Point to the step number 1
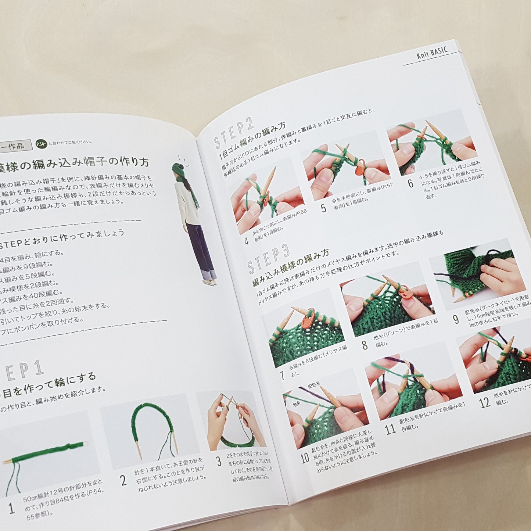point(12,509)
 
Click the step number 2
point(123,480)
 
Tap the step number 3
point(219,461)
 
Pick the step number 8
point(365,345)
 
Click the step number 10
point(305,458)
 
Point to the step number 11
point(390,428)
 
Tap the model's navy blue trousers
point(201,250)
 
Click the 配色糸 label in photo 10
point(313,385)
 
